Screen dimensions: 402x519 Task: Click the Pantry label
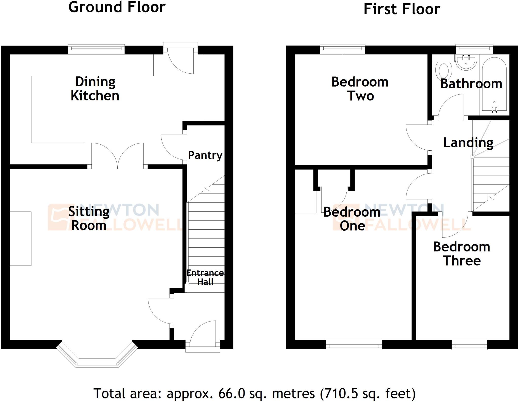205,155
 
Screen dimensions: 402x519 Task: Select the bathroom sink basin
466,63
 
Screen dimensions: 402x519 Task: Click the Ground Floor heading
117,7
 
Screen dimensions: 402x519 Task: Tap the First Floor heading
402,9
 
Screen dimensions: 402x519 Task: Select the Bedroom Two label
360,89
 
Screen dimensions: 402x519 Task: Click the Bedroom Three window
469,346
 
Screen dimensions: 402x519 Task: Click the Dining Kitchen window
96,49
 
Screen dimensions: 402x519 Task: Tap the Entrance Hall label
205,277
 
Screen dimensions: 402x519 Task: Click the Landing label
468,143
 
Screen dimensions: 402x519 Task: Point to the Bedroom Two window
342,49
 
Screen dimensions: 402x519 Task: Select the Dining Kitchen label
95,89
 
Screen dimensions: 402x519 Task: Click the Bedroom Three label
461,254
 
